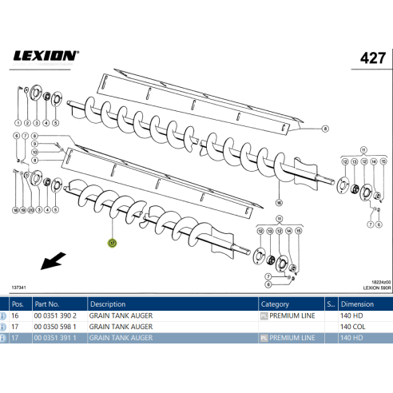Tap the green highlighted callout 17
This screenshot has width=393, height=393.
click(x=113, y=241)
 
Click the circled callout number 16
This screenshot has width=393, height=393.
click(x=279, y=203)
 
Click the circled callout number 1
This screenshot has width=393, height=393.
click(x=15, y=124)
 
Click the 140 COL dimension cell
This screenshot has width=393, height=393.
click(x=353, y=327)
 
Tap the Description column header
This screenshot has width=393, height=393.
click(x=107, y=304)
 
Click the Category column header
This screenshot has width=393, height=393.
click(x=275, y=304)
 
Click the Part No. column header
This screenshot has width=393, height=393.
click(x=47, y=304)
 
